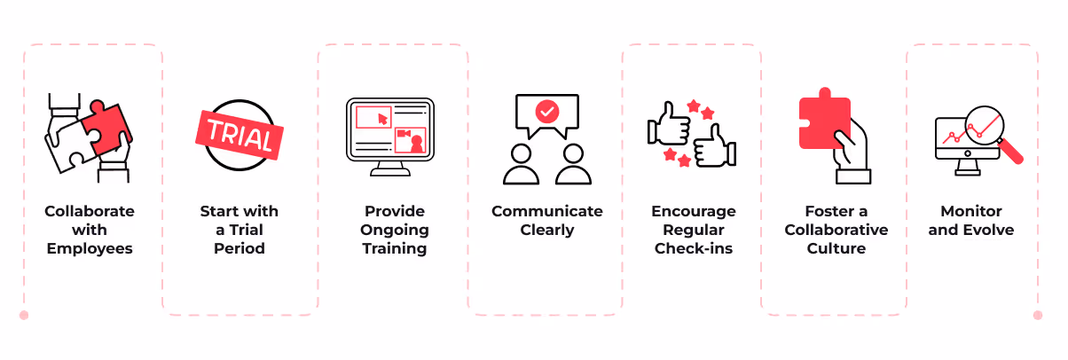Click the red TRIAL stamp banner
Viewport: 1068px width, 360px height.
pyautogui.click(x=239, y=133)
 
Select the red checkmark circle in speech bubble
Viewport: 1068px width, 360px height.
pyautogui.click(x=547, y=112)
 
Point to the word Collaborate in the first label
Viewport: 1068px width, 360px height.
pyautogui.click(x=90, y=211)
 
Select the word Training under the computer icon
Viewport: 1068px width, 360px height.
pyautogui.click(x=394, y=248)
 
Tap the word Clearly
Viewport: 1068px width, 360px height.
pyautogui.click(x=546, y=230)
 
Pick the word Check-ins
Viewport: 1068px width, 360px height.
pyautogui.click(x=693, y=248)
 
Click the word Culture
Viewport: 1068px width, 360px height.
pyautogui.click(x=835, y=248)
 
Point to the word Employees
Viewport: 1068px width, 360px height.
pyautogui.click(x=90, y=248)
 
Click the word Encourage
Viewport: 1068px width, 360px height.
pyautogui.click(x=693, y=211)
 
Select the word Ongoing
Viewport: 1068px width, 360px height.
pyautogui.click(x=394, y=230)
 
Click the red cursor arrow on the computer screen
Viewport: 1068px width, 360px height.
pyautogui.click(x=382, y=117)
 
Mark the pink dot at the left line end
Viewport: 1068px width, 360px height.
pyautogui.click(x=24, y=315)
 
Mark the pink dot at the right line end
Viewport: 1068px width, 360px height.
pyautogui.click(x=1038, y=315)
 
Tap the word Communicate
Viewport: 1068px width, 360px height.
pyautogui.click(x=546, y=211)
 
